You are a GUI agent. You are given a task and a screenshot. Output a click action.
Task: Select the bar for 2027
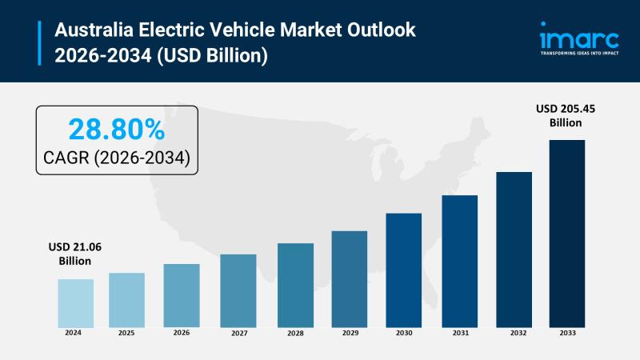pos(238,290)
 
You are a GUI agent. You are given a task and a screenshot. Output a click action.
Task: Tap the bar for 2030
pos(404,270)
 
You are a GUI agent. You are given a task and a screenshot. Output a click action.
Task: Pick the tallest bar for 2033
pos(566,233)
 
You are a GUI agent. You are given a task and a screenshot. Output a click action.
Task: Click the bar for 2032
pos(514,249)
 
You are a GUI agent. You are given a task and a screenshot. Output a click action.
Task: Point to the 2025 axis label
pos(126,332)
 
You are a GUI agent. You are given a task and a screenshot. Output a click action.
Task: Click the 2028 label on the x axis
pos(295,332)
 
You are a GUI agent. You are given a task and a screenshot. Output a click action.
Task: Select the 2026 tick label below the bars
pos(182,332)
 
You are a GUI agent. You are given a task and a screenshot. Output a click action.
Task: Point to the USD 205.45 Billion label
pos(566,115)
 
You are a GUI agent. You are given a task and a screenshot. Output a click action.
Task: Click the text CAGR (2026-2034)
pos(117,158)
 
